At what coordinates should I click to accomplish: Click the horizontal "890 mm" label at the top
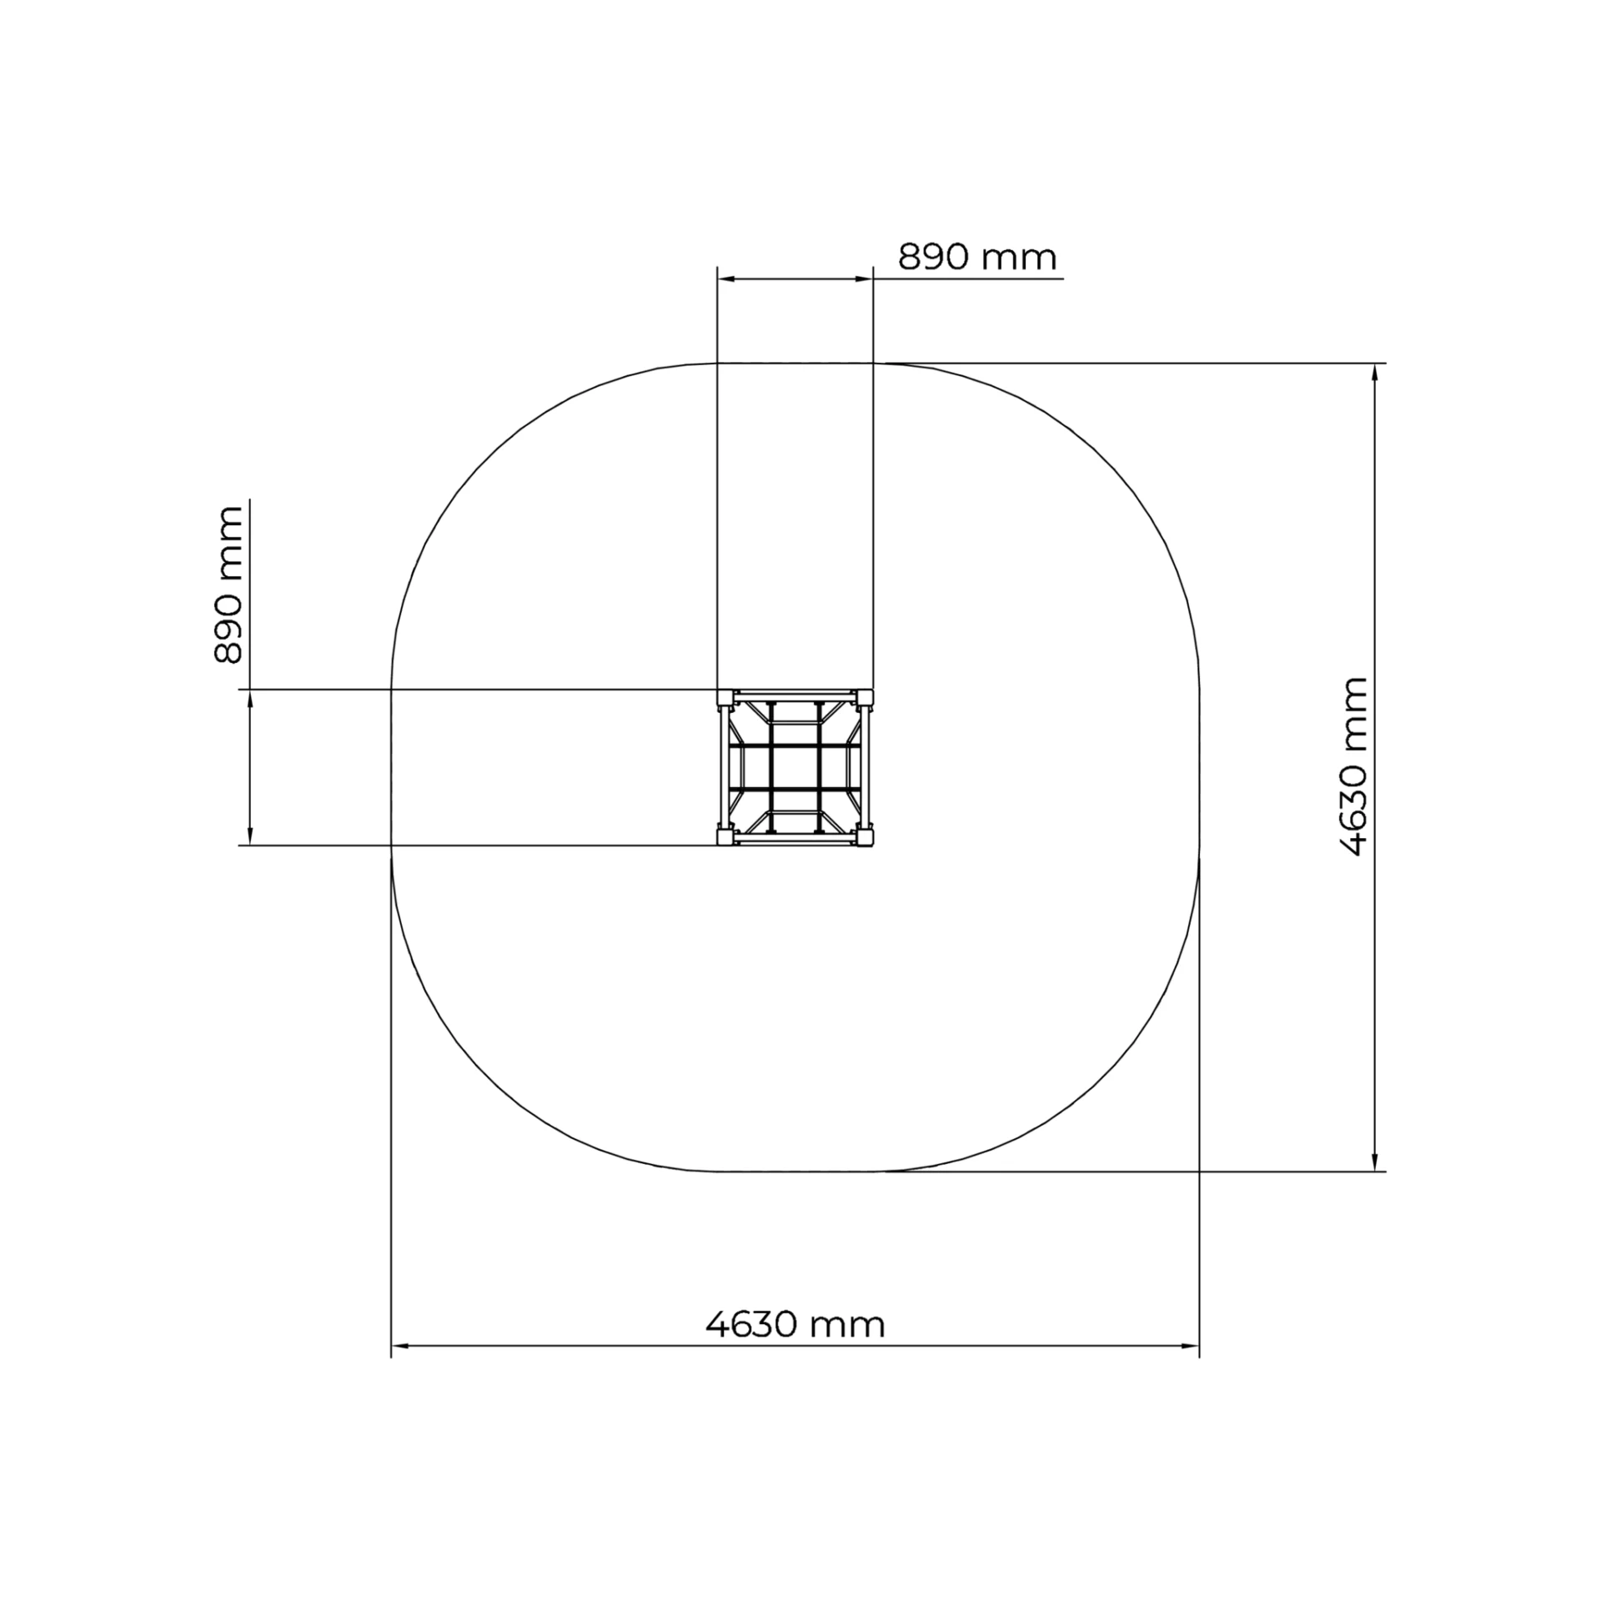(x=976, y=258)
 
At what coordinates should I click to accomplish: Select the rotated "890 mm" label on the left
(x=228, y=585)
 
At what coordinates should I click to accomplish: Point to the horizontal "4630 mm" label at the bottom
(x=795, y=1323)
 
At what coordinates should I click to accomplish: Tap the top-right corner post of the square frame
(x=866, y=696)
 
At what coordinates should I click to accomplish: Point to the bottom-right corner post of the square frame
(x=866, y=836)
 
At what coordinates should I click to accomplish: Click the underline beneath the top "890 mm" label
(x=967, y=279)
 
